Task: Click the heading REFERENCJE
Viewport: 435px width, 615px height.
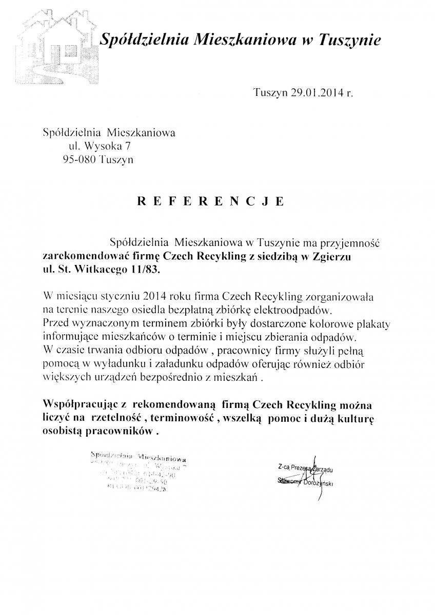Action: pos(209,201)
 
